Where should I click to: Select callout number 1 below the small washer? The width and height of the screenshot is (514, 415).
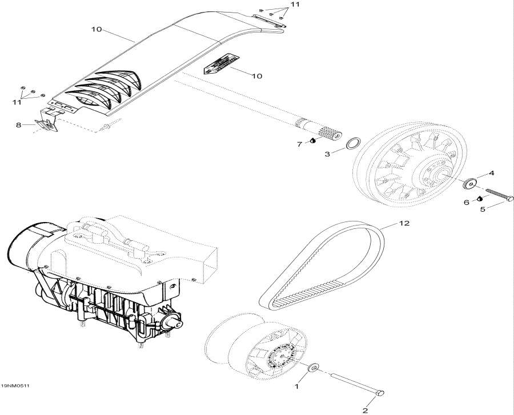[x=296, y=386]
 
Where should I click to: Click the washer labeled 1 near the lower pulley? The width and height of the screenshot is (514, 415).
[x=314, y=369]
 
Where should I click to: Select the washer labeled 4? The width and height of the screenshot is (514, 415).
[x=471, y=184]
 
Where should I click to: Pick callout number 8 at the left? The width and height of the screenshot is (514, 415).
[x=18, y=124]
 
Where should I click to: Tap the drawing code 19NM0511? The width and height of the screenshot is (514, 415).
[x=15, y=385]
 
